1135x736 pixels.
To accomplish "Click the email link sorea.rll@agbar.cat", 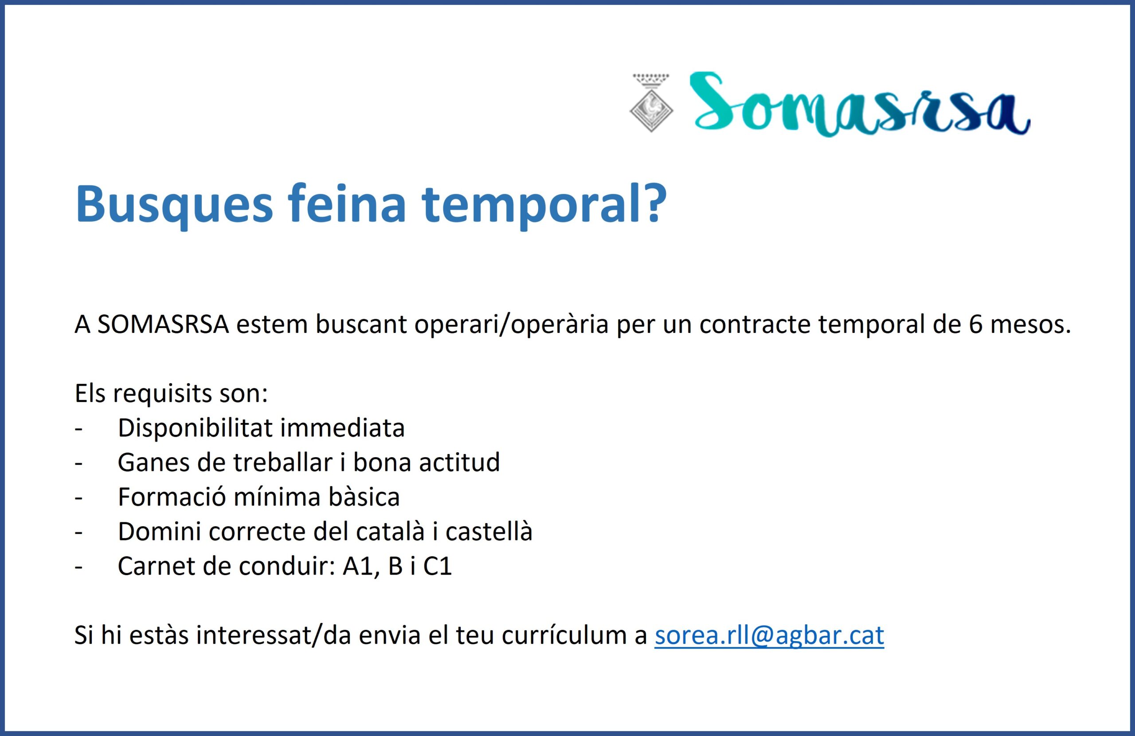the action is coord(769,635).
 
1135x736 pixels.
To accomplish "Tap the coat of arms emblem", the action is coord(651,102).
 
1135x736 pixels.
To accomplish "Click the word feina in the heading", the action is coord(347,204).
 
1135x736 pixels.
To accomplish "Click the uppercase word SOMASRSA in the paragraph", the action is coord(164,325).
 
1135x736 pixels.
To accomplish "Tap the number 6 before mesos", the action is coord(975,325).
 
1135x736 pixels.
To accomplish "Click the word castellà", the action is coord(489,531).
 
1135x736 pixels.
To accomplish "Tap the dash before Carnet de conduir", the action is coord(78,568).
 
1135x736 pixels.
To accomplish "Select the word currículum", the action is coord(567,635).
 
